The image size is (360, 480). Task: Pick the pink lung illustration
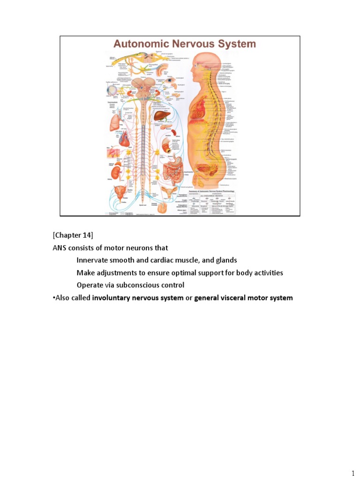[x=116, y=123]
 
